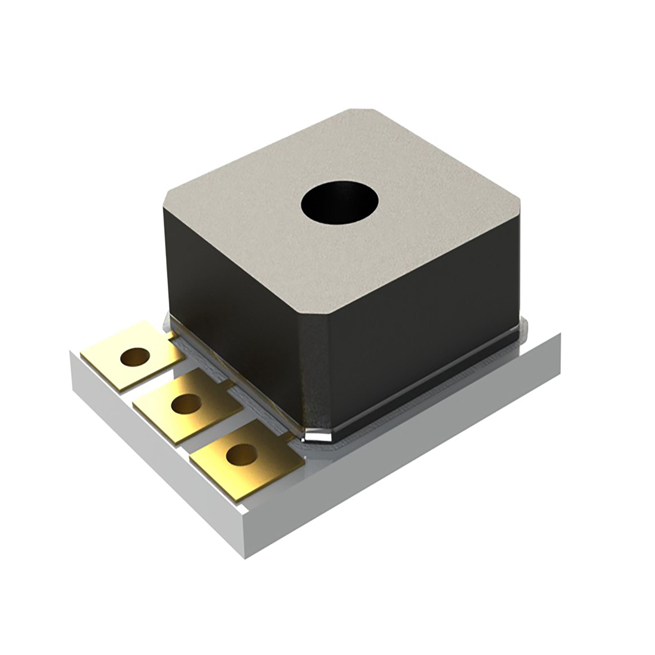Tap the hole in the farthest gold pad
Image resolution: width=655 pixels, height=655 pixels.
pos(135,357)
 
